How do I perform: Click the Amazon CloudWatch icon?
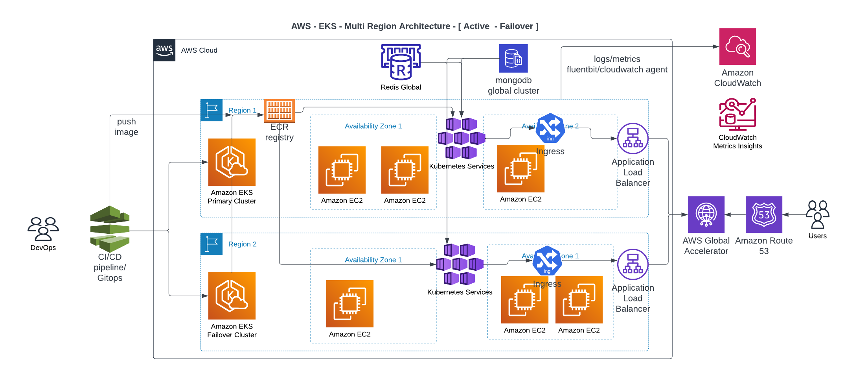click(737, 46)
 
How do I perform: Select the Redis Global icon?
click(401, 62)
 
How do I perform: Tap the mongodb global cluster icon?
click(513, 58)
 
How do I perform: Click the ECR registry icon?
click(279, 111)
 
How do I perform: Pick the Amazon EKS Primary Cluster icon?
click(232, 162)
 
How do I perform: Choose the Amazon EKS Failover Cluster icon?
click(232, 296)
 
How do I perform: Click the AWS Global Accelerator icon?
click(706, 214)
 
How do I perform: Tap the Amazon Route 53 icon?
click(764, 214)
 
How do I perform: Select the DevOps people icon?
click(43, 229)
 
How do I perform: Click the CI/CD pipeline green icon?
click(110, 229)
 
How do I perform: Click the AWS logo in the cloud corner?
click(164, 50)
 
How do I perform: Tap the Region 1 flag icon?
click(211, 110)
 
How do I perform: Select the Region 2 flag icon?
click(211, 244)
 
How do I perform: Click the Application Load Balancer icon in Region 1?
click(633, 138)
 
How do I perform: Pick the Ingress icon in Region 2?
click(547, 260)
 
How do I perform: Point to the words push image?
click(126, 127)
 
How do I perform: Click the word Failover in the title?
click(516, 26)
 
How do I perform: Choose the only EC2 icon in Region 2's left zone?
click(350, 303)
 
